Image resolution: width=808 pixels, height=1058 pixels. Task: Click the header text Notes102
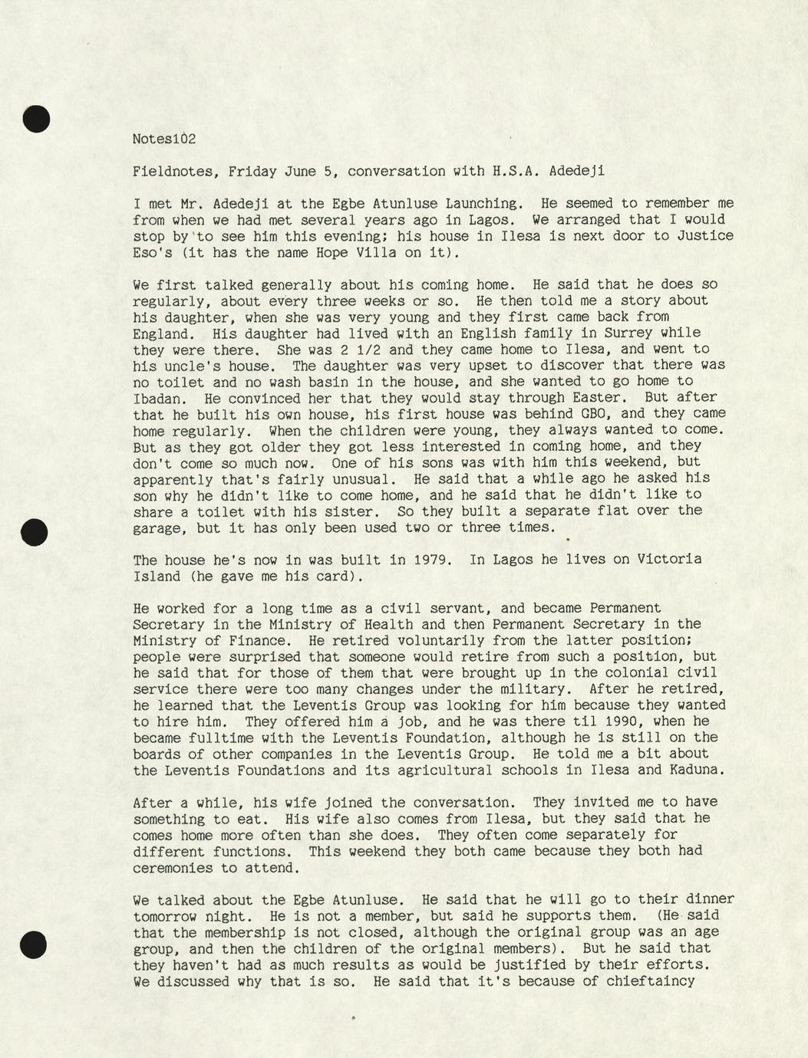tap(164, 139)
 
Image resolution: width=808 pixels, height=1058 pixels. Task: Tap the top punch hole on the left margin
tap(35, 119)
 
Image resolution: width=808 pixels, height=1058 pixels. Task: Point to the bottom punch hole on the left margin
tap(34, 945)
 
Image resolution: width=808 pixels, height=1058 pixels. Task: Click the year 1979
tap(430, 559)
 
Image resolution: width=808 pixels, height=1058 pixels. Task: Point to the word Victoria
tap(669, 559)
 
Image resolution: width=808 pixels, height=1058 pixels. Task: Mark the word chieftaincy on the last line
tap(650, 981)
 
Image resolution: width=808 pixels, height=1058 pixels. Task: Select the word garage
tap(157, 527)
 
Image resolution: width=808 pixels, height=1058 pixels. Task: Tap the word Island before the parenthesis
tap(157, 576)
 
